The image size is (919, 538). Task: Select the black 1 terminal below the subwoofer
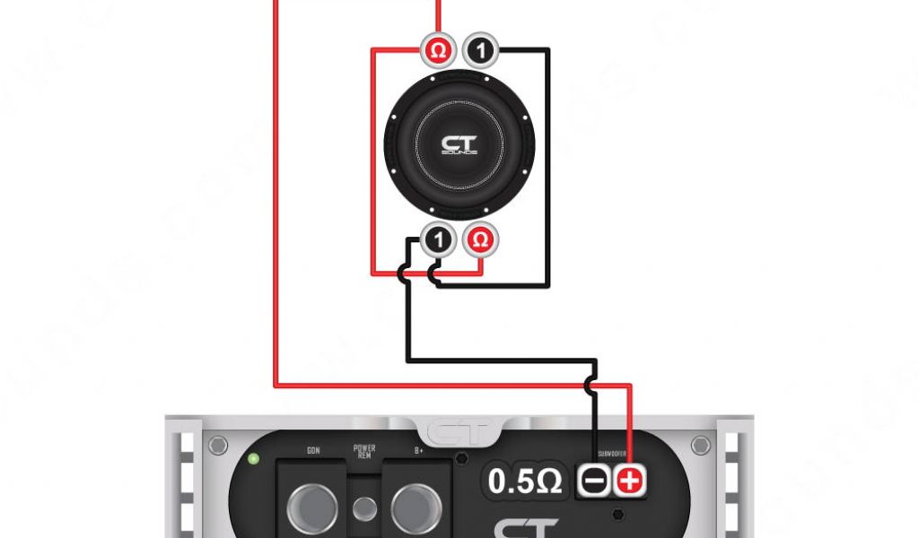pos(438,240)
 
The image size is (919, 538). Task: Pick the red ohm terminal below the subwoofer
pos(482,240)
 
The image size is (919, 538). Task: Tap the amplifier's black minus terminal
pos(593,481)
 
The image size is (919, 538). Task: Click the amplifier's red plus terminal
pos(630,481)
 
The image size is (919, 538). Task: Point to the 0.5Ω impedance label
pos(526,482)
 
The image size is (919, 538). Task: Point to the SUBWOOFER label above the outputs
pos(611,455)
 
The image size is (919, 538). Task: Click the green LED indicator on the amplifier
pos(255,460)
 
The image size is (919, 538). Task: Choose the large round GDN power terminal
pos(312,508)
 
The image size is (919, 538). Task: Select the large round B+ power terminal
pos(416,508)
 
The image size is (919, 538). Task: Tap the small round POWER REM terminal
pos(364,509)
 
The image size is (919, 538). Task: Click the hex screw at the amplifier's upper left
pos(217,446)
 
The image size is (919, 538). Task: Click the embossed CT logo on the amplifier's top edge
pos(459,433)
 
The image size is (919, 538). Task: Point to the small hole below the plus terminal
pos(618,516)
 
